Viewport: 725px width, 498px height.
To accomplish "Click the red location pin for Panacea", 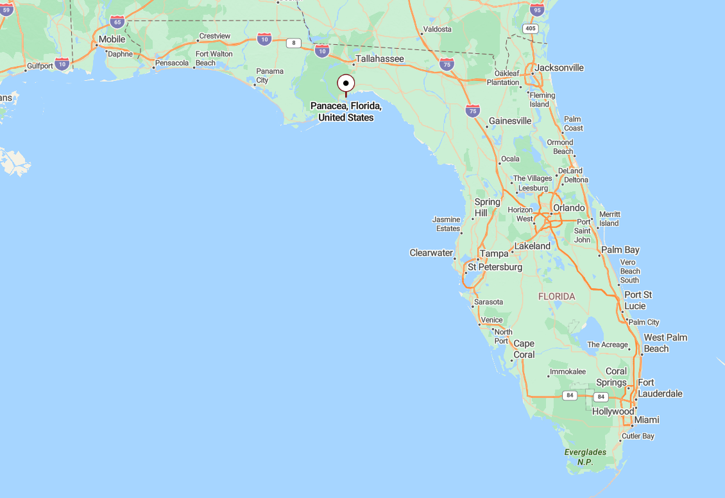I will pyautogui.click(x=346, y=84).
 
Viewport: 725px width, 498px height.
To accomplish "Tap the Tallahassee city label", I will pyautogui.click(x=380, y=58).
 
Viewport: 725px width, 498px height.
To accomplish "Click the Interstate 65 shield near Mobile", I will pyautogui.click(x=116, y=22).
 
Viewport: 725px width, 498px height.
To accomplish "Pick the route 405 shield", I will pyautogui.click(x=530, y=29).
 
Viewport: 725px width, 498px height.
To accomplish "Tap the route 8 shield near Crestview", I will pyautogui.click(x=293, y=43).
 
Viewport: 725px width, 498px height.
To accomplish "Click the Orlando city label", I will pyautogui.click(x=568, y=208).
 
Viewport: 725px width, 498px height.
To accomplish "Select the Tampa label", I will pyautogui.click(x=494, y=253).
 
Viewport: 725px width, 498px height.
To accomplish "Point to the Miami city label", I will pyautogui.click(x=646, y=420).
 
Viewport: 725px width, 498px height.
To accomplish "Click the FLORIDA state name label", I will pyautogui.click(x=556, y=296).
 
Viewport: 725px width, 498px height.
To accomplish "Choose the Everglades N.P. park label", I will pyautogui.click(x=585, y=457).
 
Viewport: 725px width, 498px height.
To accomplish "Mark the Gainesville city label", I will pyautogui.click(x=510, y=121).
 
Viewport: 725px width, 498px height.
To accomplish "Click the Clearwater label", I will pyautogui.click(x=431, y=253).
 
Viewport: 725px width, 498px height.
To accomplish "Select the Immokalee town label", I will pyautogui.click(x=568, y=372).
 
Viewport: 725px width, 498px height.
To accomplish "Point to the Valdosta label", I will pyautogui.click(x=437, y=29).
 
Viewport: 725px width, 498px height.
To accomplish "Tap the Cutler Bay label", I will pyautogui.click(x=638, y=436).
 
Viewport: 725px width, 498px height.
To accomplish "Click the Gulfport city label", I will pyautogui.click(x=40, y=66).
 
